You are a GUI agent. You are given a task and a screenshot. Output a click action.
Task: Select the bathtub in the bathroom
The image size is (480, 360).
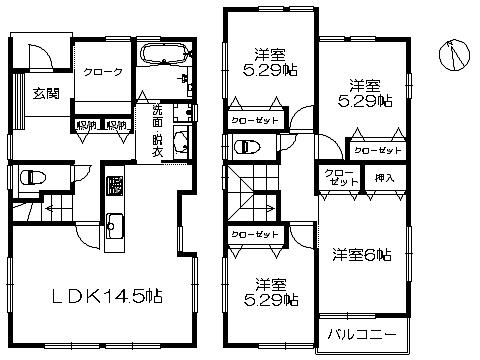point(160,55)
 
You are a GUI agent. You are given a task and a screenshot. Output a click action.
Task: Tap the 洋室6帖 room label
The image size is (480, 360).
point(361,255)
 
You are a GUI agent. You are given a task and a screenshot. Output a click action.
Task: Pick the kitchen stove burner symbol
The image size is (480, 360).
point(114,186)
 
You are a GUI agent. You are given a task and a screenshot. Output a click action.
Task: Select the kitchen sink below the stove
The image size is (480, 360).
point(114,225)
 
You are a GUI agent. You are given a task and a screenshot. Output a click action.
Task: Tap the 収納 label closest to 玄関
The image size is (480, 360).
point(86,127)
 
